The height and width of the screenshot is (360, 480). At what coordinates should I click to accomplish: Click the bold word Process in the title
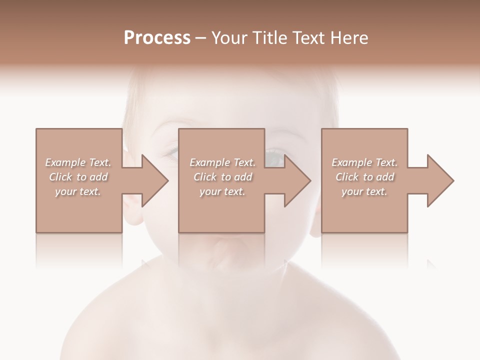[x=157, y=38]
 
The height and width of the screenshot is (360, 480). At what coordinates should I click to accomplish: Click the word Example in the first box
[x=65, y=162]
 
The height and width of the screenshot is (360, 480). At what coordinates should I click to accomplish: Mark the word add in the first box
[x=99, y=177]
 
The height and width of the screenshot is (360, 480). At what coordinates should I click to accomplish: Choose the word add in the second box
[x=243, y=177]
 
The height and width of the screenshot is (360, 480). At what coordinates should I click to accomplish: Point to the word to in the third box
[x=368, y=177]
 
